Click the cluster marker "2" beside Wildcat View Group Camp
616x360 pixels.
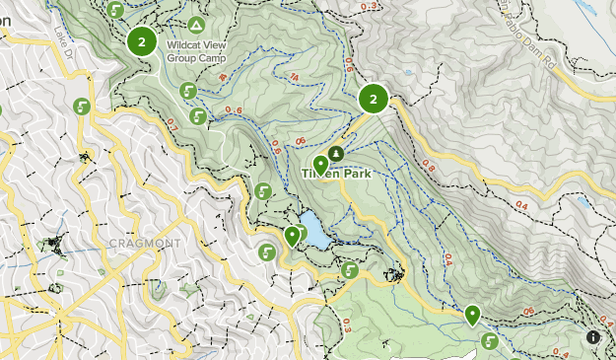[x=142, y=41]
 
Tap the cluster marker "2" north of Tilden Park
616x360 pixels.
[x=373, y=99]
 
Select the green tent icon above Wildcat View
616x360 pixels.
[x=196, y=25]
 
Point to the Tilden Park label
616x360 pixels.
[x=333, y=173]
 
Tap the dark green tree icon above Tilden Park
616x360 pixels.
[x=337, y=154]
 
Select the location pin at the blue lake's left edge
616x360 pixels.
[x=293, y=236]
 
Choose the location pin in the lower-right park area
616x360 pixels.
[x=473, y=315]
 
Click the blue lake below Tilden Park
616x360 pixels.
[x=313, y=230]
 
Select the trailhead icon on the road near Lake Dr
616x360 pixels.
[x=82, y=107]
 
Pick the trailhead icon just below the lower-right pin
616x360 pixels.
[x=490, y=341]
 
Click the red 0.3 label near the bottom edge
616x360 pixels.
[x=345, y=325]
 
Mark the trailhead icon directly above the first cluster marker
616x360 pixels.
[x=117, y=10]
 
